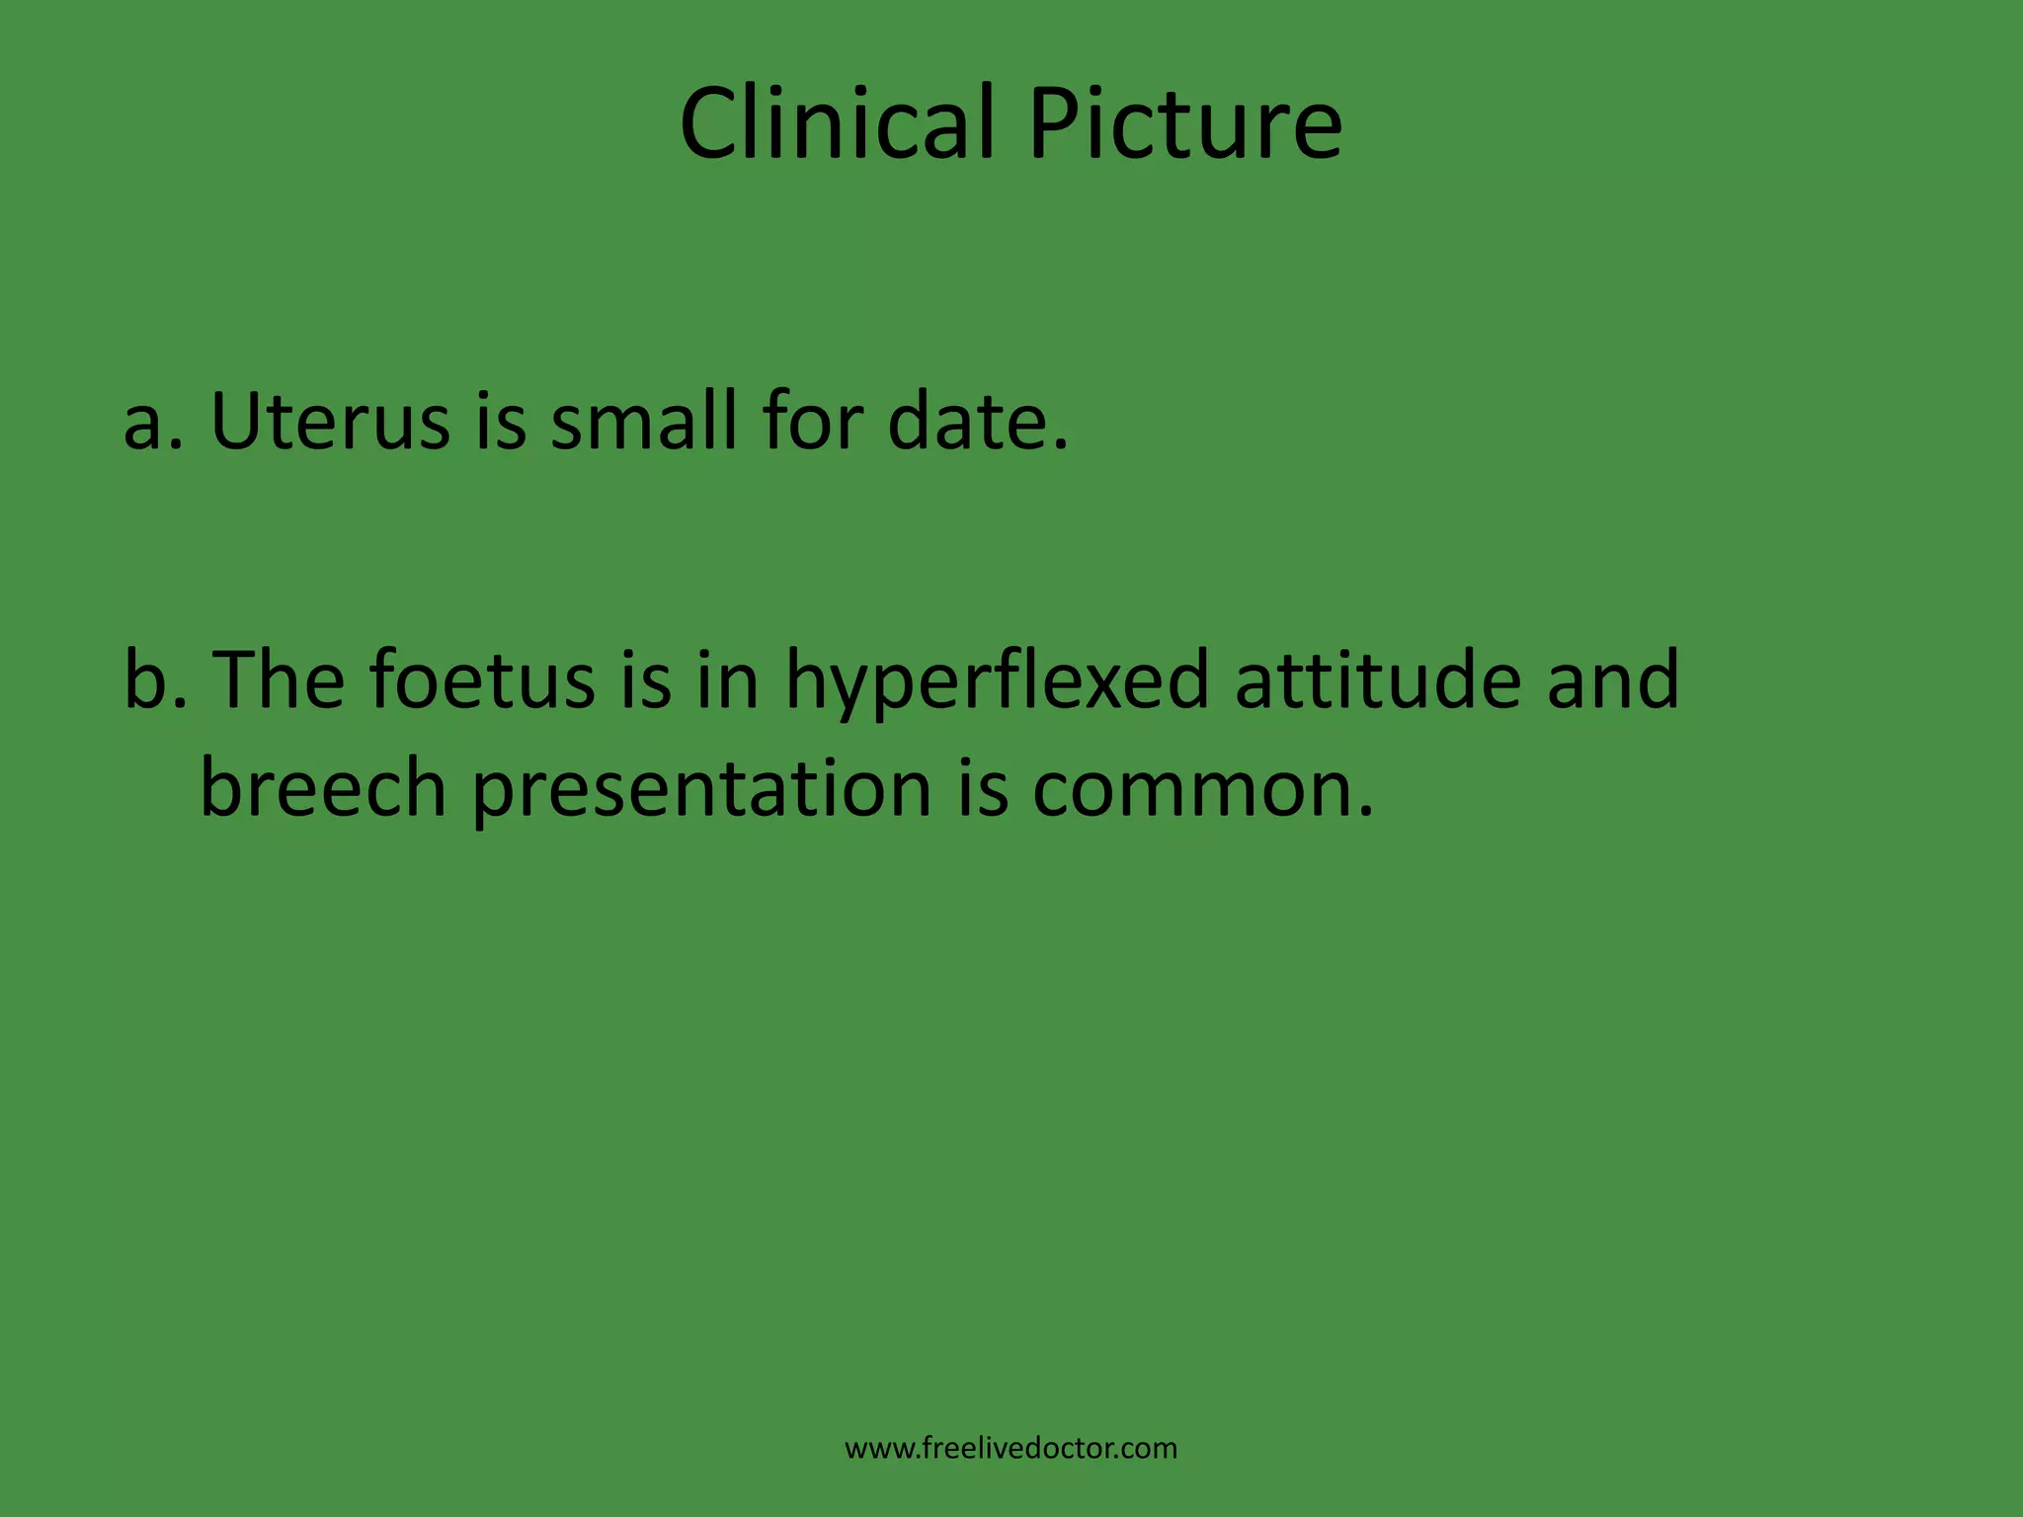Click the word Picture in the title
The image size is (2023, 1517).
point(1184,125)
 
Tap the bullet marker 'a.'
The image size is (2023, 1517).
point(153,422)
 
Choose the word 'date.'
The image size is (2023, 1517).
point(978,422)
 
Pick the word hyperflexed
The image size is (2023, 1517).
point(998,681)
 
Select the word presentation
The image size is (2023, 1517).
point(702,790)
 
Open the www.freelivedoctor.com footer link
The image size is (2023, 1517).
point(1011,1449)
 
